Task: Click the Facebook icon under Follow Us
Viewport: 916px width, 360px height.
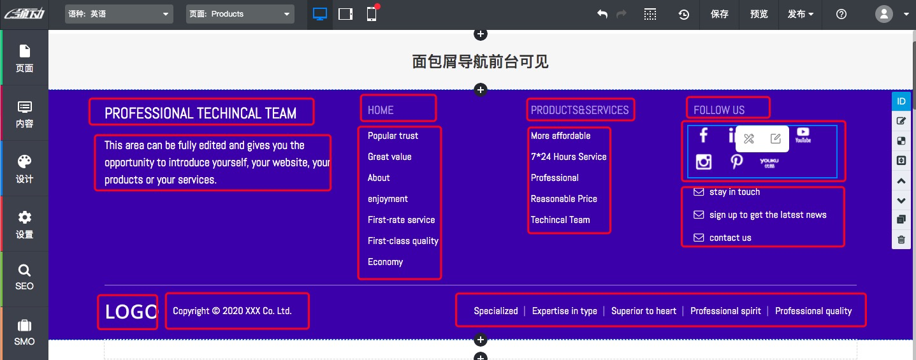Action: (x=703, y=135)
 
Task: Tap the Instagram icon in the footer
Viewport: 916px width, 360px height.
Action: (x=704, y=162)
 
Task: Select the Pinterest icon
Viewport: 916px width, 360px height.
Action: (x=736, y=162)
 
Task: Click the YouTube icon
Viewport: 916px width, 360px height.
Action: (x=803, y=135)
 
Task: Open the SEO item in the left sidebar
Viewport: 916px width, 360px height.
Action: (x=24, y=277)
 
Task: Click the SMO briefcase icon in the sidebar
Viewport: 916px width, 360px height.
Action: (x=24, y=326)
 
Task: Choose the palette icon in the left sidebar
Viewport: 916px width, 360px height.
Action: (x=24, y=161)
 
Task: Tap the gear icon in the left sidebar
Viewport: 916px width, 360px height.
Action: (x=24, y=217)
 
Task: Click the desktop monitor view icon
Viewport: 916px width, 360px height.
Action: (x=320, y=14)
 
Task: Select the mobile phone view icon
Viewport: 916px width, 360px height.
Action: (x=371, y=14)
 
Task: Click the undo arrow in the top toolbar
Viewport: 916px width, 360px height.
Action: (x=602, y=14)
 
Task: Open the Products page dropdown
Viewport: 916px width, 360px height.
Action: (x=240, y=14)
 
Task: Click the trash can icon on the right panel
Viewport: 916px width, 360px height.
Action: (x=901, y=240)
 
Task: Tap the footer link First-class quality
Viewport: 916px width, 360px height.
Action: (x=403, y=241)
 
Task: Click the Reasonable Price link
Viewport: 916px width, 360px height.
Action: (x=563, y=199)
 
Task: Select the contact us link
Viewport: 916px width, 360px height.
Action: (x=730, y=238)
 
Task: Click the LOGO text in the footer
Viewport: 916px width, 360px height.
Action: (x=131, y=312)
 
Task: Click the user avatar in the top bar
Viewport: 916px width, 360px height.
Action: (x=883, y=14)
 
